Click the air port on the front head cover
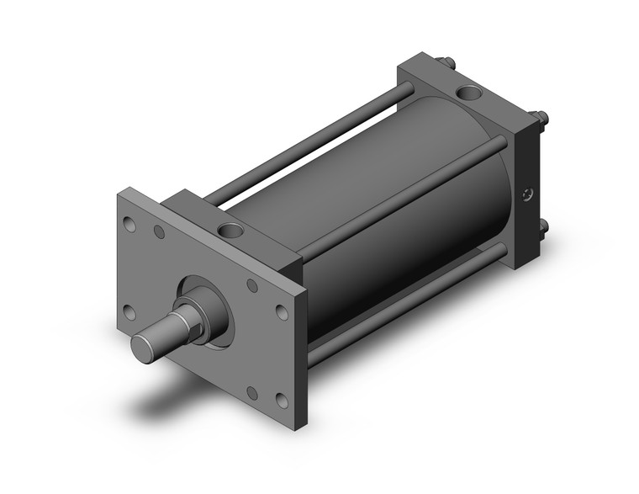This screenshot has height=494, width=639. coord(230,229)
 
